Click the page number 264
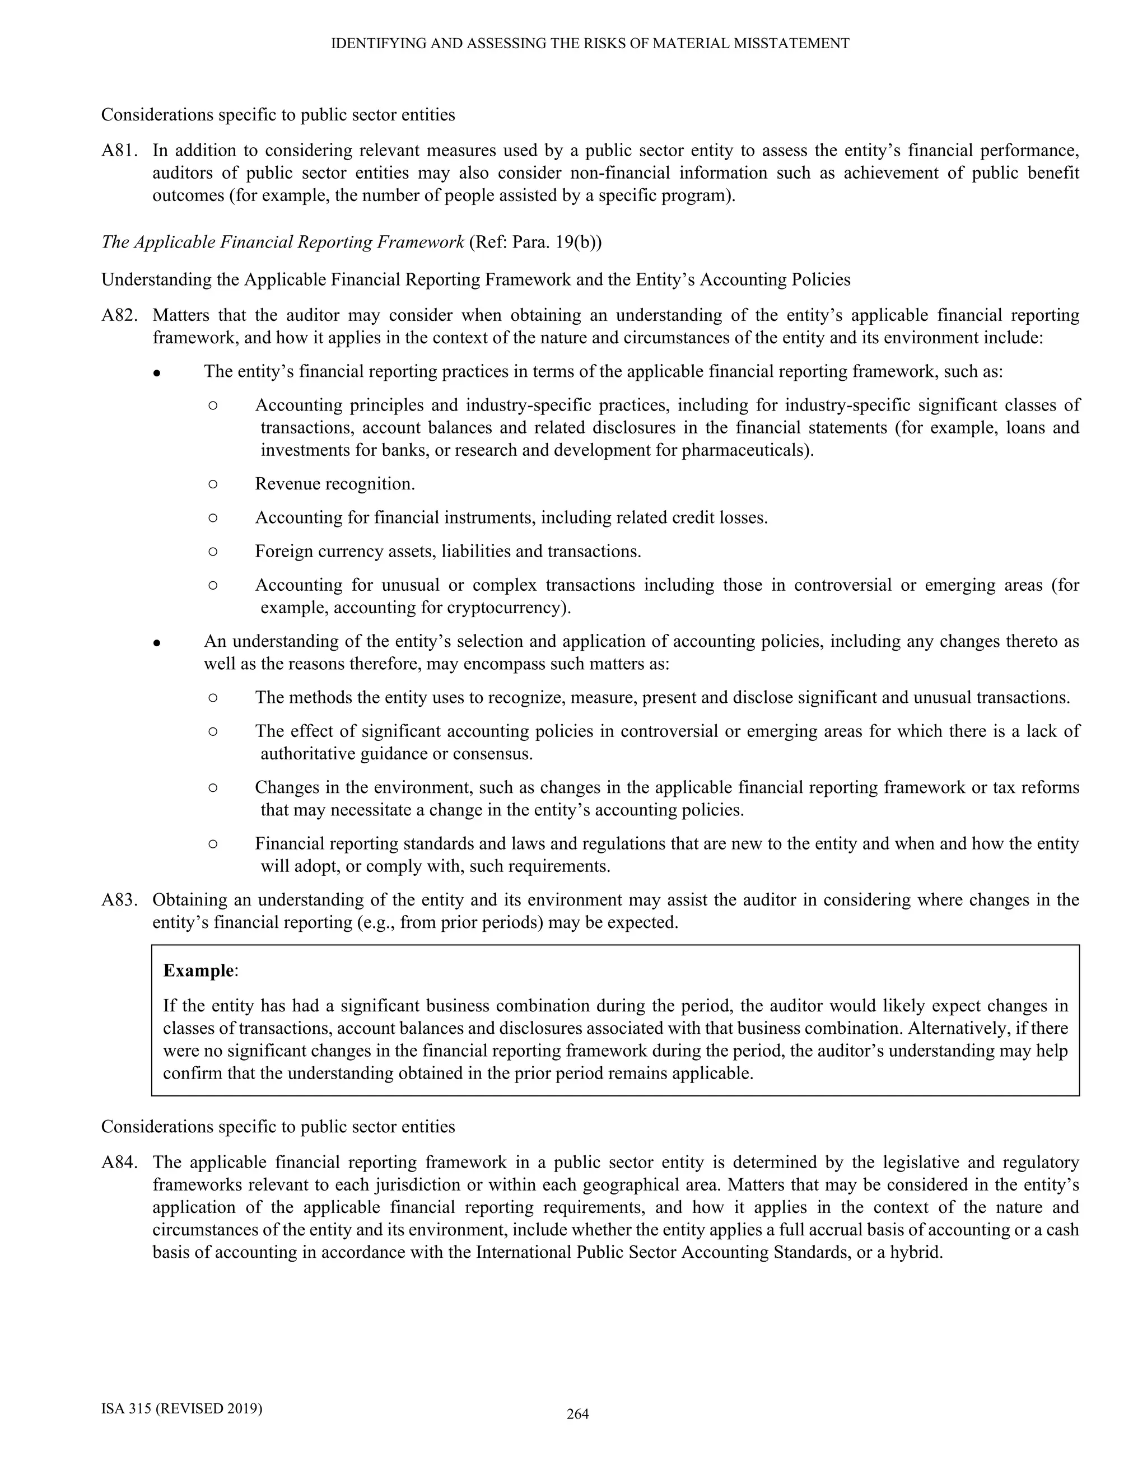coord(577,1414)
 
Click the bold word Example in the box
coord(199,970)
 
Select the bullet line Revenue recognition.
coord(335,484)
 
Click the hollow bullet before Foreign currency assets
coord(213,551)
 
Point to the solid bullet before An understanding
coord(156,643)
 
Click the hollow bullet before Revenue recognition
coord(213,484)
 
